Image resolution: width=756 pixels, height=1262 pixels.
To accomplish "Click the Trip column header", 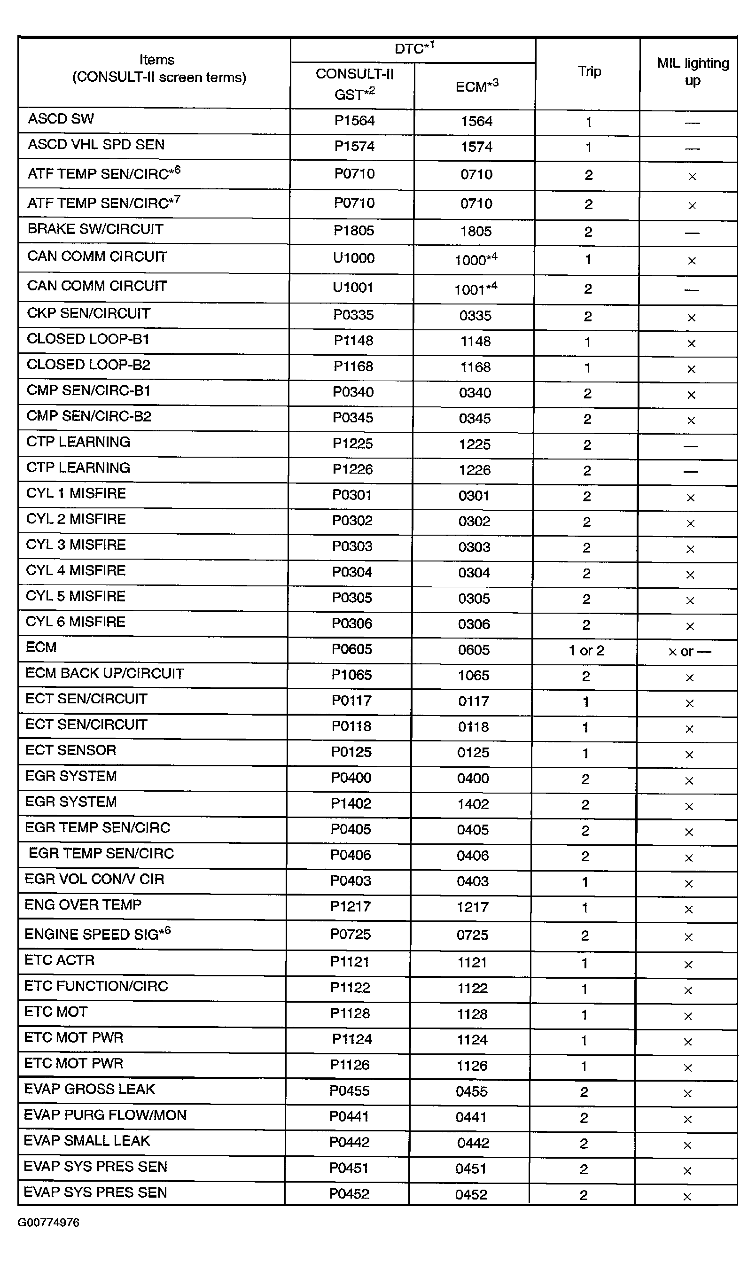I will tap(589, 72).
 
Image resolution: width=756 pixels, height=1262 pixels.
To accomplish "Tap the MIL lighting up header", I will tap(692, 72).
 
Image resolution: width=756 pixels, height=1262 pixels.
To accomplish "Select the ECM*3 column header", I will tap(476, 86).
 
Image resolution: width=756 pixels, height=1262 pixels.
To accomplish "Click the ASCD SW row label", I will tap(61, 119).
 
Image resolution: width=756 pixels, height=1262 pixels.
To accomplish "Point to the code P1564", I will tap(354, 121).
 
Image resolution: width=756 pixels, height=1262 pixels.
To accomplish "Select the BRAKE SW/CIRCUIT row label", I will tap(95, 229).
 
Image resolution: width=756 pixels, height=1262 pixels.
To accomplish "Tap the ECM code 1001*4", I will tap(475, 289).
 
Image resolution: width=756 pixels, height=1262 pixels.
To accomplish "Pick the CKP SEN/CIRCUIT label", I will tap(89, 313).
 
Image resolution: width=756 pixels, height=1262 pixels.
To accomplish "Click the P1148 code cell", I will tap(353, 340).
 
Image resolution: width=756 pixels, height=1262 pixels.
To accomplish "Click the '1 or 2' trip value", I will tap(586, 650).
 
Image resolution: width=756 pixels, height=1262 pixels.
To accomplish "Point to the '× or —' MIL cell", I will tap(689, 651).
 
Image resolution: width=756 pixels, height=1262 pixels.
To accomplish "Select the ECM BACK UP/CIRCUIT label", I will tap(104, 673).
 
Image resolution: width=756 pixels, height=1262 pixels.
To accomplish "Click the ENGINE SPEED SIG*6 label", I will tap(97, 934).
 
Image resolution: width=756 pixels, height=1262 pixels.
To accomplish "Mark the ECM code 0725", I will tap(472, 935).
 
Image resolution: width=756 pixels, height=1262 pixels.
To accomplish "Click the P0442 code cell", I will tap(349, 1142).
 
